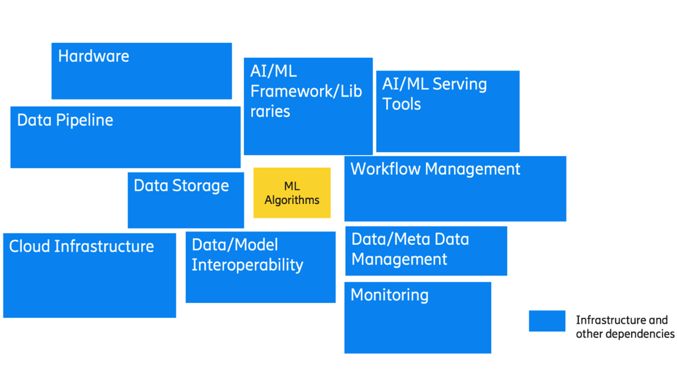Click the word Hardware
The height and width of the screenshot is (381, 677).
(93, 56)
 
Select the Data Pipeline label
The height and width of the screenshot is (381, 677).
(65, 120)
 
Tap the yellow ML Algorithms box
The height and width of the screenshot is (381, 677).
(292, 193)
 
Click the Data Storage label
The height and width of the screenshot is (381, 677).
(181, 186)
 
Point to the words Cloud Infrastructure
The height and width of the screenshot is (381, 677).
(82, 247)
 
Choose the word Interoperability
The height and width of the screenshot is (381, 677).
(247, 265)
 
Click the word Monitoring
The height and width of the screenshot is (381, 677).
(389, 295)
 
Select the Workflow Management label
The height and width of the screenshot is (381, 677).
(435, 169)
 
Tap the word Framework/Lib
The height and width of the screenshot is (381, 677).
(306, 91)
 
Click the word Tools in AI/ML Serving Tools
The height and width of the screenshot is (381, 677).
(402, 105)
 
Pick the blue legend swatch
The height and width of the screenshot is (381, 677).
(547, 321)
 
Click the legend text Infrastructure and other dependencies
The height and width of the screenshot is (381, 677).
(625, 327)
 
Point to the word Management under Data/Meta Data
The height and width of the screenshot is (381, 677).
(399, 260)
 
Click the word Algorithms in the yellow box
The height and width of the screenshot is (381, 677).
(292, 200)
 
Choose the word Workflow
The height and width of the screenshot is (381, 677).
(385, 169)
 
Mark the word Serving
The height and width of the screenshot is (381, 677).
(459, 84)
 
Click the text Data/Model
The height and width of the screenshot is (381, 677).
(235, 245)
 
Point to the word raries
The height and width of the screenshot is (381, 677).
(270, 112)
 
